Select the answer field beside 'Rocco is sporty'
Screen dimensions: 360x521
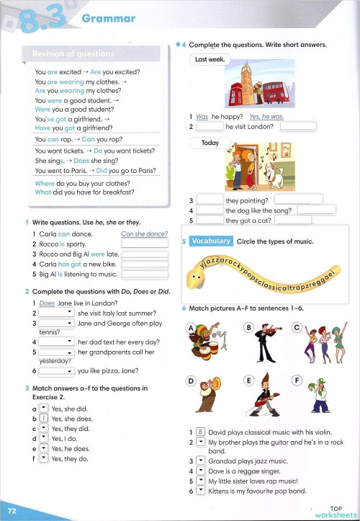[x=144, y=244]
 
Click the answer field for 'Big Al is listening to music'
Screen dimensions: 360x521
[x=144, y=274]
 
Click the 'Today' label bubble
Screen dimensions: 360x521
[x=210, y=143]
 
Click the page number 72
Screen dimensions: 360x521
[x=12, y=510]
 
